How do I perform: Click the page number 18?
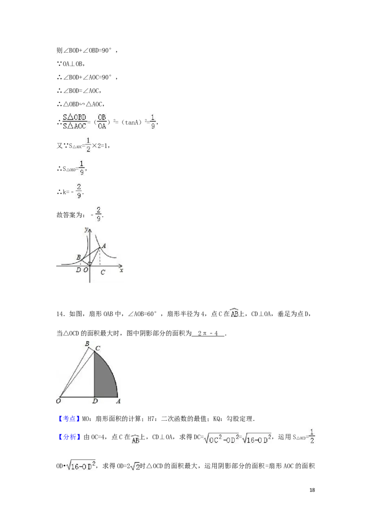point(312,490)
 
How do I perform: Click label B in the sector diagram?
point(87,343)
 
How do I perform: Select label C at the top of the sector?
point(98,348)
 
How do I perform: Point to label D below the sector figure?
point(95,401)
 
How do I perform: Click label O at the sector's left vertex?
point(58,401)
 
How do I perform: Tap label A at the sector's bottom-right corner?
point(118,401)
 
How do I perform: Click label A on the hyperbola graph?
point(104,246)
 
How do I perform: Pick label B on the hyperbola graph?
point(79,257)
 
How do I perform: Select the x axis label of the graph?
point(121,270)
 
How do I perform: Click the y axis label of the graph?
point(86,229)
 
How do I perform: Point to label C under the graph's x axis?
point(103,272)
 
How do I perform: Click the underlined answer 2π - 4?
point(208,333)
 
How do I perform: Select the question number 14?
point(60,314)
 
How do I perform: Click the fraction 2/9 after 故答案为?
point(98,214)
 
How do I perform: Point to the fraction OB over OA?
point(102,122)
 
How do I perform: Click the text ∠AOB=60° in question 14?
point(142,314)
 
